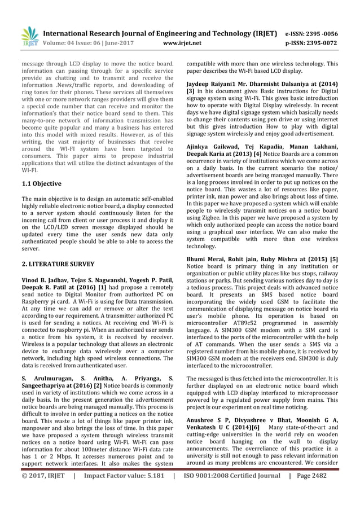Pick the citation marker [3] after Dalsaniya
[x=191, y=91]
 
